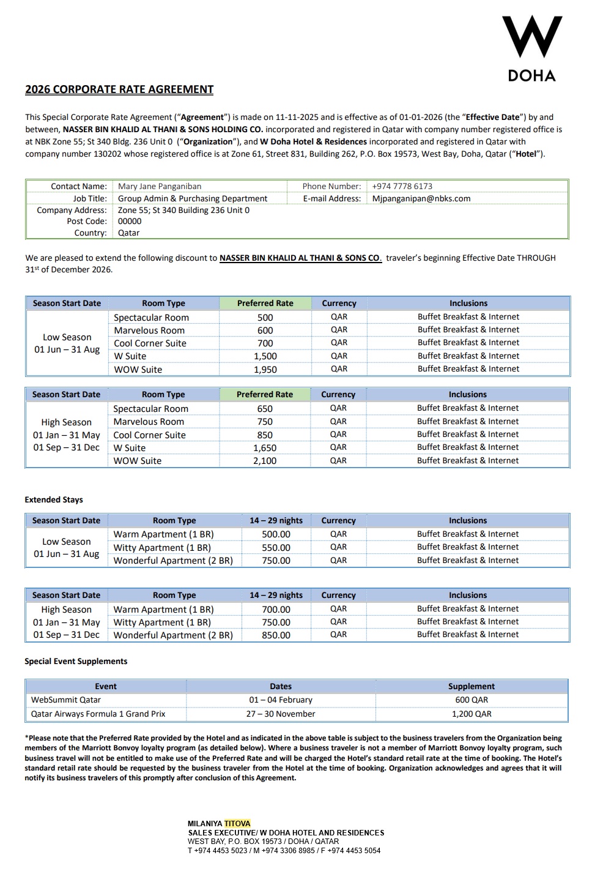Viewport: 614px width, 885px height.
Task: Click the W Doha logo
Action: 531,48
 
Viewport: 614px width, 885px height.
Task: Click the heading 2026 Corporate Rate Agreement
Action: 119,89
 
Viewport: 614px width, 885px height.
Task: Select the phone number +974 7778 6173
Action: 402,186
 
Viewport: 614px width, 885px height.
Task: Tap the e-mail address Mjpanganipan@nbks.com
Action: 421,198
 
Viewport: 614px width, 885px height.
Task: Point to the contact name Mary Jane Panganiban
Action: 160,186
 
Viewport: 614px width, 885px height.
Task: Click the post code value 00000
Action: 130,222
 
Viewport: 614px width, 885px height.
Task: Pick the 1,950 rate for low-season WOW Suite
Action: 265,370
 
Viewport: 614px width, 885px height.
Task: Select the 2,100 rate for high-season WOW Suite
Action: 265,461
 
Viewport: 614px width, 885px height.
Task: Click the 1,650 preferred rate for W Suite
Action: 265,448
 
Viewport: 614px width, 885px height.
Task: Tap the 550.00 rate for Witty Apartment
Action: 276,548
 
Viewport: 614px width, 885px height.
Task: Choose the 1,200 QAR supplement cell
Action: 472,714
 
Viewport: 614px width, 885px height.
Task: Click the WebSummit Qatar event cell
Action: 66,700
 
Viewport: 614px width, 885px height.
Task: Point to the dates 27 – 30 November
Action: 281,714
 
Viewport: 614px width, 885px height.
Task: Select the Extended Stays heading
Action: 54,500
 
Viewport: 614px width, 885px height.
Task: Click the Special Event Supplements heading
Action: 76,662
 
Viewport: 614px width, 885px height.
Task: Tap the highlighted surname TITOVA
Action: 237,824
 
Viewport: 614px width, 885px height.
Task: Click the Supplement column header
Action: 472,687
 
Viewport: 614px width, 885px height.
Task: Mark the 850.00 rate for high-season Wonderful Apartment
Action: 276,635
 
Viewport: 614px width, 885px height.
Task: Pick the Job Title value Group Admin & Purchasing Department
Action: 193,198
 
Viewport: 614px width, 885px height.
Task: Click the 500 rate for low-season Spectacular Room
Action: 265,318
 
